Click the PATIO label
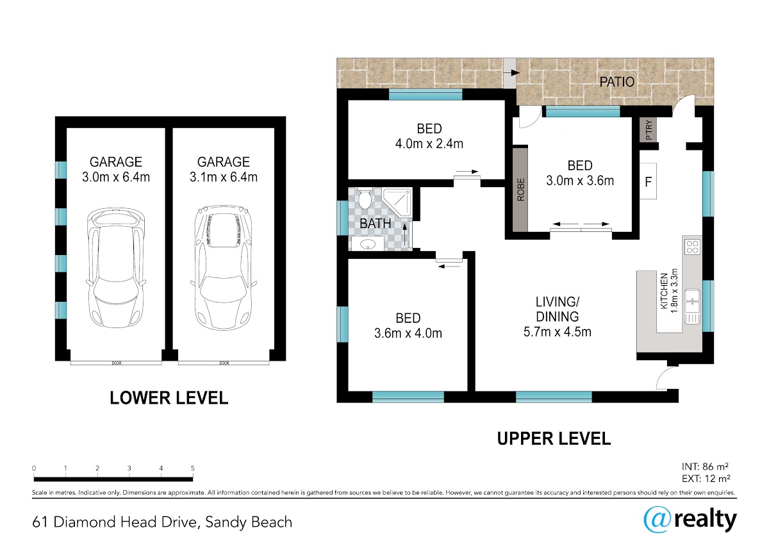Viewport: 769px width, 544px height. [x=616, y=81]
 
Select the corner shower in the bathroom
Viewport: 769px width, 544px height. [x=397, y=202]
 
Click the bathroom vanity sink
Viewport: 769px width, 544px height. [x=368, y=244]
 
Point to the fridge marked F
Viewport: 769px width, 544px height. [x=648, y=181]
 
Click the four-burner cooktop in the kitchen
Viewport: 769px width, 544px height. [x=693, y=247]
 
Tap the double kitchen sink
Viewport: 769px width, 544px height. [x=693, y=307]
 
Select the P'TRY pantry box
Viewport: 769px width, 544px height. [x=648, y=129]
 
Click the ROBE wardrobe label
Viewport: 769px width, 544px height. [x=521, y=190]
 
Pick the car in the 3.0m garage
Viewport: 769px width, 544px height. [x=116, y=268]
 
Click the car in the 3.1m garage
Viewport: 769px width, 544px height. [x=224, y=268]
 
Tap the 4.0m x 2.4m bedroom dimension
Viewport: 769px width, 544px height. [x=429, y=144]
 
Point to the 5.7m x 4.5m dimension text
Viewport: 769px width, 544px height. [x=557, y=332]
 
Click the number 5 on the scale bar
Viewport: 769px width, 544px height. [x=193, y=468]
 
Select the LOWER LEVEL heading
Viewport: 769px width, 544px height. [x=169, y=398]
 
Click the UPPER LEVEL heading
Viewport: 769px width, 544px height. [x=554, y=439]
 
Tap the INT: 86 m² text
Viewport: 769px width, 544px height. [x=705, y=466]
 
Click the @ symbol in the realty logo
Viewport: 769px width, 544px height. [x=657, y=520]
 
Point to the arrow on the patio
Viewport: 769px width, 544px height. [x=511, y=73]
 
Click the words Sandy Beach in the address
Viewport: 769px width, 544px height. [x=249, y=522]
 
